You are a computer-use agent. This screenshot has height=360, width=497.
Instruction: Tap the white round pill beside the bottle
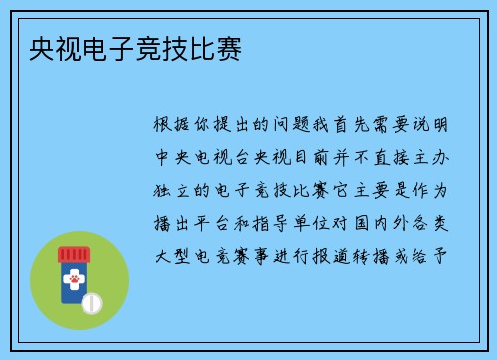90,301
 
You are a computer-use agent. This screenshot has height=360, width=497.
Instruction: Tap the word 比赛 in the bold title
217,47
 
